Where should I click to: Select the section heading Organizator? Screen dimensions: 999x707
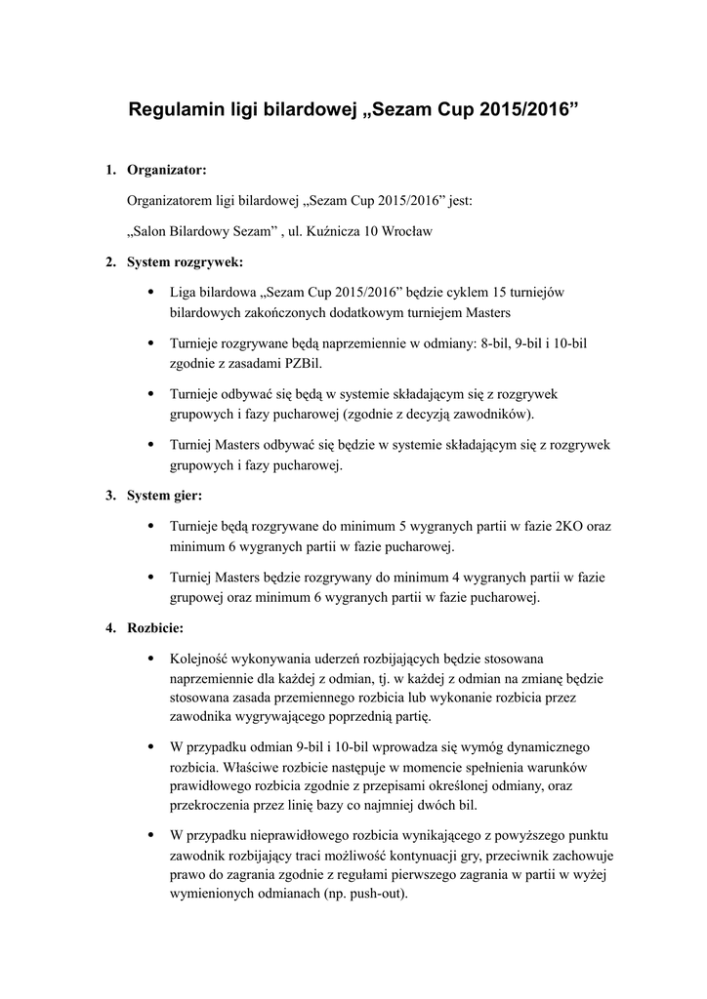167,171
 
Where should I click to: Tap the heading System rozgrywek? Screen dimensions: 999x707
186,261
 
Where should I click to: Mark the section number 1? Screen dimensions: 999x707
110,171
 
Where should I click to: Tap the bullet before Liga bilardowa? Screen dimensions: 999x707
148,292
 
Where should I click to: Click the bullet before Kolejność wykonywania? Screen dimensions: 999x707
148,658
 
